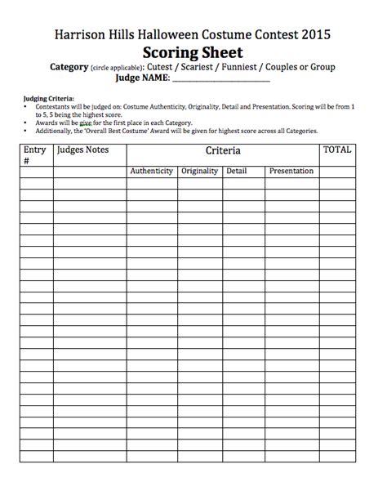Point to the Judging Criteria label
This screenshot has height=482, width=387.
click(47, 98)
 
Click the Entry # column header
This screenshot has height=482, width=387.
click(35, 155)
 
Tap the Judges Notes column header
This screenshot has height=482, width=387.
click(82, 150)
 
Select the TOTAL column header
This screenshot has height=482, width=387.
click(337, 150)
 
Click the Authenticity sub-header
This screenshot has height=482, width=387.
click(151, 171)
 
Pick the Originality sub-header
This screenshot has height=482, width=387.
click(199, 171)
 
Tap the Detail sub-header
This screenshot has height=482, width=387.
click(237, 171)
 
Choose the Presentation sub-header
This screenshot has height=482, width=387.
click(291, 171)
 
